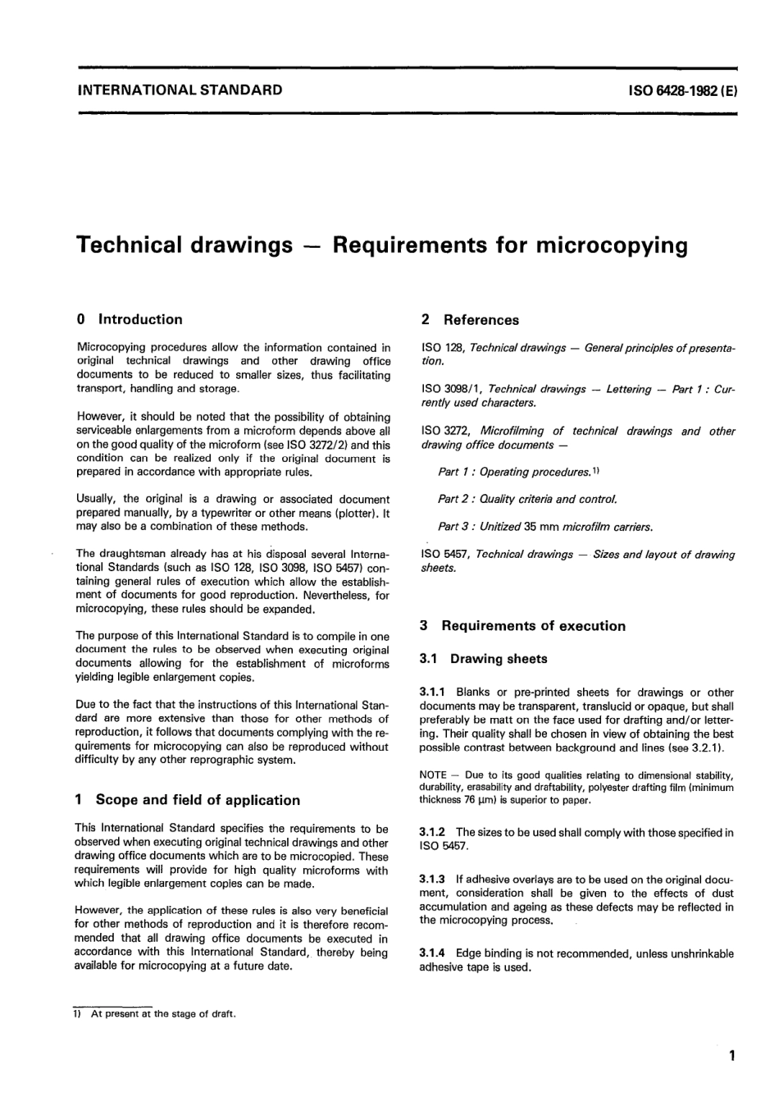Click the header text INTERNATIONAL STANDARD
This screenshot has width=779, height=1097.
179,89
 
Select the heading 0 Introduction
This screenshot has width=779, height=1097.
129,320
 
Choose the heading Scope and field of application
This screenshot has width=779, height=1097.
197,800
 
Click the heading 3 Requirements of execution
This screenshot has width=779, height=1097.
522,626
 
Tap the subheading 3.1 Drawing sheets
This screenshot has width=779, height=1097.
483,659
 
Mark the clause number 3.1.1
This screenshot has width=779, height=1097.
432,692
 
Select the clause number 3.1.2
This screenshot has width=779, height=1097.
432,833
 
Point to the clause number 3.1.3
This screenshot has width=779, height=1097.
432,880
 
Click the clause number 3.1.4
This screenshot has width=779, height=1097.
432,954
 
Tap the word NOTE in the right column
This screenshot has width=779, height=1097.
432,775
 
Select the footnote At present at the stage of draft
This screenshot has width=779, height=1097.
162,1014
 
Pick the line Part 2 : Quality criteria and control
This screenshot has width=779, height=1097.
526,499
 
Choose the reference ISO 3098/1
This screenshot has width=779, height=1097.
451,389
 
